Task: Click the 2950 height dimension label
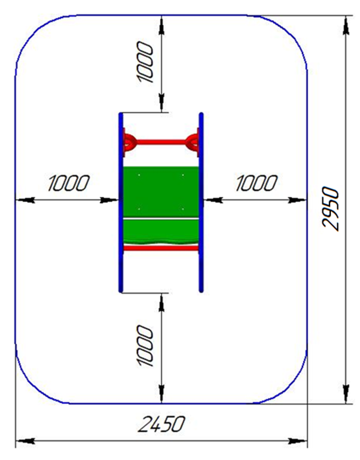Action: coord(330,209)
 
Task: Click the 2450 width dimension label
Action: coord(162,424)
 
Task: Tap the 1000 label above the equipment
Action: coord(145,62)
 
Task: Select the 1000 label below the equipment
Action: coord(145,346)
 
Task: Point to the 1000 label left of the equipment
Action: coord(69,184)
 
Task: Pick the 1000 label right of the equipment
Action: coord(257,184)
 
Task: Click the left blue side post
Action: coord(121,202)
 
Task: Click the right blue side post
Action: coord(201,202)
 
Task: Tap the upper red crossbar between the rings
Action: coord(161,142)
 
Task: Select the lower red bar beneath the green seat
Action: coord(161,248)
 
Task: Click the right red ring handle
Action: coord(192,142)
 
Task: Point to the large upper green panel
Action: coord(161,191)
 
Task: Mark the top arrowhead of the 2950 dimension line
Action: coord(346,26)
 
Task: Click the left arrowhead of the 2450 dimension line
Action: coord(26,440)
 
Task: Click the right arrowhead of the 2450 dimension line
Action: coord(297,440)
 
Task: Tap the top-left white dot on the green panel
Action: coord(139,175)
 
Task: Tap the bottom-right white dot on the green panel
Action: coord(183,209)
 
